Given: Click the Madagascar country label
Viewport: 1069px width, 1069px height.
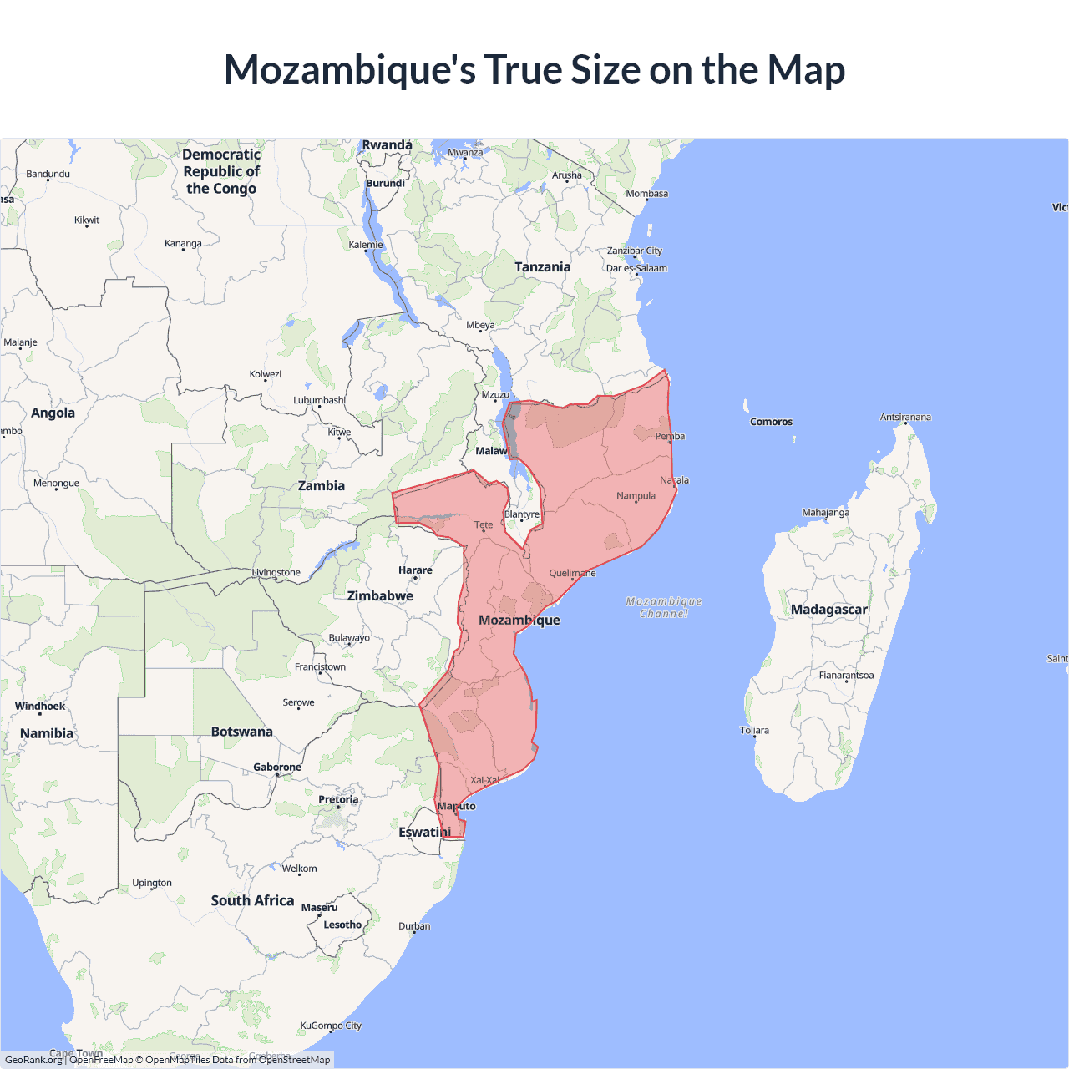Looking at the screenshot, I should point(828,610).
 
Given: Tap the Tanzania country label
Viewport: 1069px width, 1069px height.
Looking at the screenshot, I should point(542,267).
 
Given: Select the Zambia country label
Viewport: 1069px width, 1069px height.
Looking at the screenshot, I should point(322,486).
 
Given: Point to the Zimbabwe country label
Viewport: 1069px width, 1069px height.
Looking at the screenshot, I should point(380,596).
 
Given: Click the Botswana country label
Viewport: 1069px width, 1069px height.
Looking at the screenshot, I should point(241,732).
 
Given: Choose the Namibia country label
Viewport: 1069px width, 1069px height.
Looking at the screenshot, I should point(47,733).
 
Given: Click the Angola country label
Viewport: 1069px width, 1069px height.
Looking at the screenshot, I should point(53,413).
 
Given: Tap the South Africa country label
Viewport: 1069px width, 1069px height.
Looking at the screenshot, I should point(252,900).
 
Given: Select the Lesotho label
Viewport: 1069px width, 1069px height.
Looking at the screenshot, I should point(342,925).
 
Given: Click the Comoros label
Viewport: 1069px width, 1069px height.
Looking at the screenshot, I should point(771,422).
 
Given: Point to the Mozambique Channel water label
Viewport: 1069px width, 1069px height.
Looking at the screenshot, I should point(664,607).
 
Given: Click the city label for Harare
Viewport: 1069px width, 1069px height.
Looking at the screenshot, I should point(415,570).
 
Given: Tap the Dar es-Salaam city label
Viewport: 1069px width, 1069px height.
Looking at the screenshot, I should point(636,268).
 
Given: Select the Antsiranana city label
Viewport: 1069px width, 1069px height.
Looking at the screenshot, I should point(905,417).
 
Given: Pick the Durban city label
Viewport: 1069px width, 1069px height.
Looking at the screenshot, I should point(414,926).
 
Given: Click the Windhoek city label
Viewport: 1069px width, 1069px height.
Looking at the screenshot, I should point(40,707).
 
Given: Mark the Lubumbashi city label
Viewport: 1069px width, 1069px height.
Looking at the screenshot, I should point(319,400).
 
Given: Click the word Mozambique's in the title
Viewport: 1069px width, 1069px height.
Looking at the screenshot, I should point(350,70).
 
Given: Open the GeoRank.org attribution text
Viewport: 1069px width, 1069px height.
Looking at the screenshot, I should point(33,1060).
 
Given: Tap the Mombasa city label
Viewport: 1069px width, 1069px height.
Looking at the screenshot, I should point(646,194).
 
